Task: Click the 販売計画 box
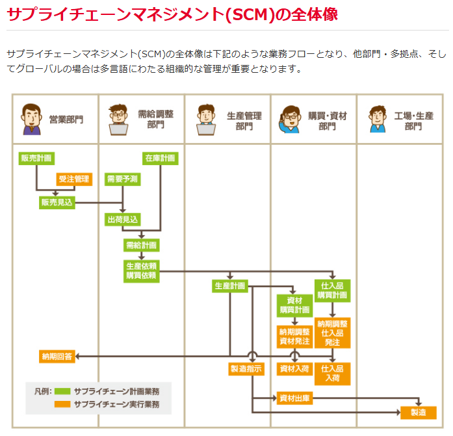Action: click(36, 158)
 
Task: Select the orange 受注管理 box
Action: click(74, 179)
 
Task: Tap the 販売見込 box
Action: click(57, 202)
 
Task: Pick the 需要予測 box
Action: click(122, 179)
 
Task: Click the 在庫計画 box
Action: click(160, 158)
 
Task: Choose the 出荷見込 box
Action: click(122, 220)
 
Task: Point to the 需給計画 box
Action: click(141, 245)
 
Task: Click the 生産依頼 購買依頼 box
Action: click(141, 270)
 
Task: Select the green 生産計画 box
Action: click(230, 285)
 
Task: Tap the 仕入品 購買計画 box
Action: click(332, 290)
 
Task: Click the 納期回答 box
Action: click(57, 356)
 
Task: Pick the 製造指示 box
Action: click(246, 368)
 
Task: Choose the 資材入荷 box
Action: click(294, 368)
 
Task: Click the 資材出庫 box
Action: click(294, 397)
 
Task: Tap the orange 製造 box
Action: click(418, 413)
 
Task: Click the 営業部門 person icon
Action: click(31, 119)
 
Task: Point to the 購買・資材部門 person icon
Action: click(289, 119)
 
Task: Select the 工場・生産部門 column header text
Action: click(413, 120)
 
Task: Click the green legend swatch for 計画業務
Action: click(62, 391)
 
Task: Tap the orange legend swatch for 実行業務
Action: click(62, 404)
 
